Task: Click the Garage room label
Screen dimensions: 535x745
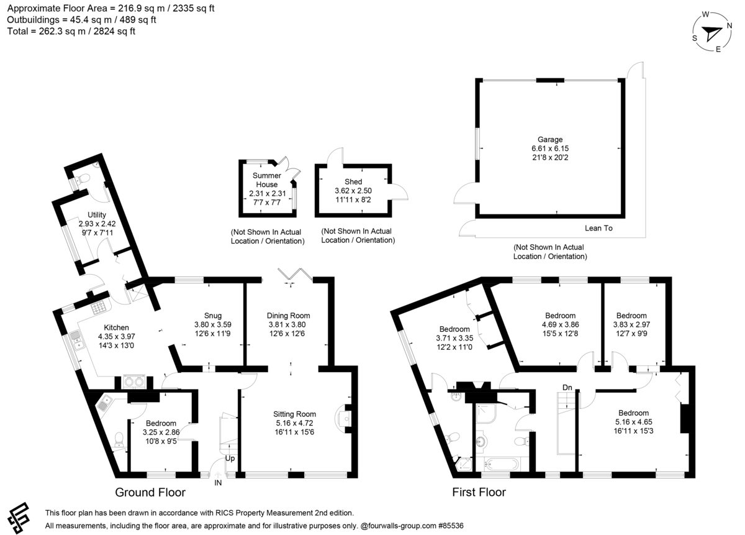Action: point(550,140)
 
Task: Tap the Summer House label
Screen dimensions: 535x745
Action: point(266,180)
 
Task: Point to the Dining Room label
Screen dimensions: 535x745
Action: point(288,316)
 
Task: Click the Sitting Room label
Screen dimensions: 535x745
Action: point(294,414)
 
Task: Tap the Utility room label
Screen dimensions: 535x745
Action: point(97,214)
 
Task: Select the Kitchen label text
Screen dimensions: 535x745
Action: point(116,327)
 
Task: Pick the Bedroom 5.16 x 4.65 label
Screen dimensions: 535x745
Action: point(633,413)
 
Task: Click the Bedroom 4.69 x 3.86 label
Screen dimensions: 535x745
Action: point(561,316)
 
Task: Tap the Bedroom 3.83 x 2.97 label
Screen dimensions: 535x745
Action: point(632,316)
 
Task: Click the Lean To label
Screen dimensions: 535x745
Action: point(598,228)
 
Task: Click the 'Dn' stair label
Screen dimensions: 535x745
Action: point(567,388)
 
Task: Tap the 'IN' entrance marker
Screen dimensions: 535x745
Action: point(218,482)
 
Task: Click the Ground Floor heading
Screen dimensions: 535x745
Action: point(150,493)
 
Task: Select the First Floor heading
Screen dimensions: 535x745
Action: point(478,493)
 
